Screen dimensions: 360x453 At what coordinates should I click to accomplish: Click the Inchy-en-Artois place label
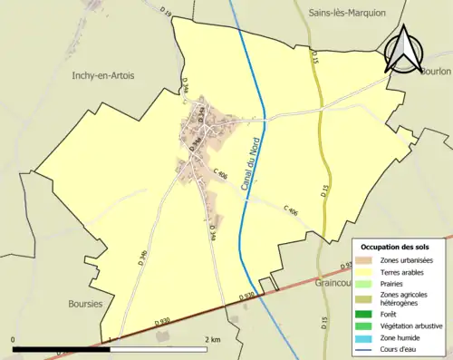point(102,76)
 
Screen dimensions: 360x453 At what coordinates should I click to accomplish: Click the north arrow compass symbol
point(404,48)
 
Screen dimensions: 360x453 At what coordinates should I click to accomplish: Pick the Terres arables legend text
point(406,271)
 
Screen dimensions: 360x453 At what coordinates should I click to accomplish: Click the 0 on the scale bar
point(14,340)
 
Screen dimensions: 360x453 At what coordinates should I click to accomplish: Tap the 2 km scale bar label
point(213,340)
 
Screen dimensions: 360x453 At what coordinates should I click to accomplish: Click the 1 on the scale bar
point(111,340)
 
